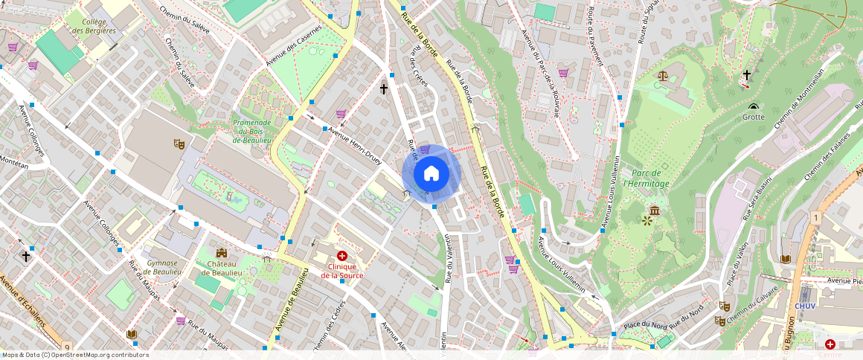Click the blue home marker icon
coord(431,174)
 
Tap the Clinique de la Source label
coord(339,271)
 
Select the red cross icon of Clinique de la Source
coord(342,256)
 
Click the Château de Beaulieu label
coord(221,269)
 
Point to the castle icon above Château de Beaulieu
coord(221,254)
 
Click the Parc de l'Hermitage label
coord(646,179)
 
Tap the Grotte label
coord(753,117)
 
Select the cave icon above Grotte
coord(754,106)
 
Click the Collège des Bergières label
coord(94,27)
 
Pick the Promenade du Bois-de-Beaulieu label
coord(251,131)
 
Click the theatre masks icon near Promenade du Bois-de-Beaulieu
coord(179,143)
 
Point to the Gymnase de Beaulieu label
coord(162,267)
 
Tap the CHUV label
coord(806,306)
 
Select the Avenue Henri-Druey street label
coord(355,144)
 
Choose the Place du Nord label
coord(644,324)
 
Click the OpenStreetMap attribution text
coord(76,355)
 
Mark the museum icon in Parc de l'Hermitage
coord(654,210)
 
